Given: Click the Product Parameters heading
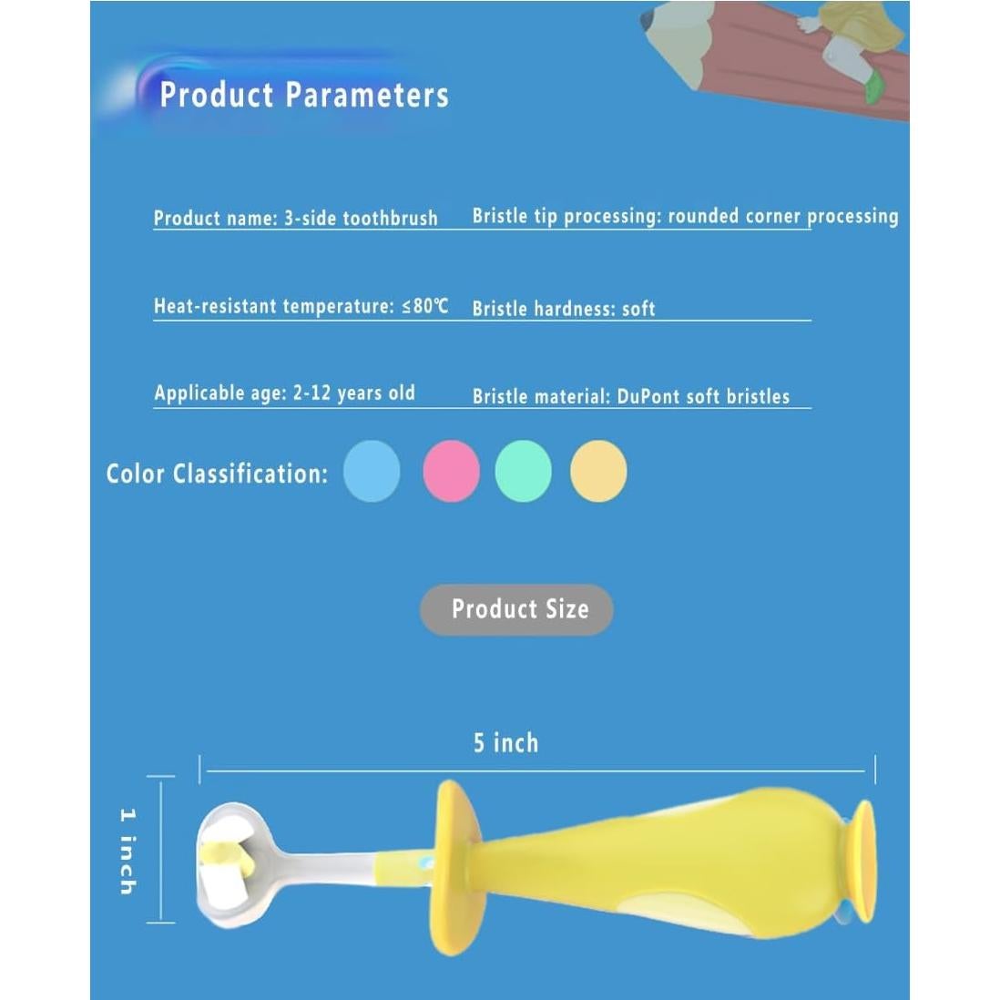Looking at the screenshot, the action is tap(304, 95).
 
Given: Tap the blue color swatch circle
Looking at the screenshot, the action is tap(372, 471).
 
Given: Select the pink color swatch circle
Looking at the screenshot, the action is tap(452, 471).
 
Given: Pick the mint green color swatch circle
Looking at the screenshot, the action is tap(524, 471).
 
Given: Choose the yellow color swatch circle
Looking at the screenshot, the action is tap(598, 471).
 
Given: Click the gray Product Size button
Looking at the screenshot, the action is tap(517, 609).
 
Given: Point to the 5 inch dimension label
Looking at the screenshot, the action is tap(505, 743).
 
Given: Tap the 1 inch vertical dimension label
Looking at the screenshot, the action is tap(128, 852).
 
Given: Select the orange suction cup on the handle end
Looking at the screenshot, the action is tap(863, 861).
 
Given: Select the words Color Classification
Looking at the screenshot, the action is tap(217, 474).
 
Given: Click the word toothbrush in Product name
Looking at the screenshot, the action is tap(391, 218).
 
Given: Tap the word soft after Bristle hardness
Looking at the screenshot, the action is tap(638, 310).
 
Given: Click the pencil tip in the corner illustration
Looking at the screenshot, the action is tap(648, 19).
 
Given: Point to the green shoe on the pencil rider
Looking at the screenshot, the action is tap(873, 87).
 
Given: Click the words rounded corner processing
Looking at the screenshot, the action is tap(783, 217).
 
